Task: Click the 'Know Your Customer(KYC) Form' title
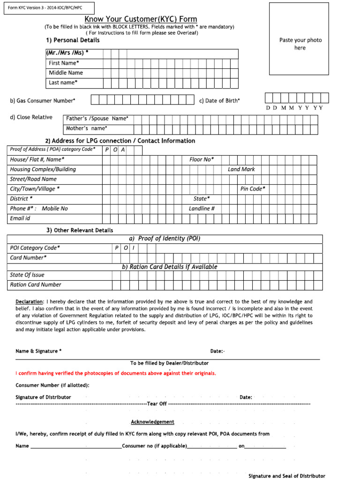pyautogui.click(x=141, y=19)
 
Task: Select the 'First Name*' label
pyautogui.click(x=64, y=63)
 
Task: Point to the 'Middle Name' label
pyautogui.click(x=66, y=73)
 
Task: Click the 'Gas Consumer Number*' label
pyautogui.click(x=43, y=100)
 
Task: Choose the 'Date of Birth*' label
pyautogui.click(x=219, y=100)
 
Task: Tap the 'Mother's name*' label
pyautogui.click(x=87, y=128)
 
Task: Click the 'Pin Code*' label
pyautogui.click(x=253, y=189)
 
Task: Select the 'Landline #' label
pyautogui.click(x=202, y=209)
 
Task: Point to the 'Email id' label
pyautogui.click(x=20, y=218)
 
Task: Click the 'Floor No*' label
pyautogui.click(x=202, y=159)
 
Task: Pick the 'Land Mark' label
pyautogui.click(x=241, y=169)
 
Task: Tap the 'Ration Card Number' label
pyautogui.click(x=36, y=285)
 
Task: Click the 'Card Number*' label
pyautogui.click(x=28, y=258)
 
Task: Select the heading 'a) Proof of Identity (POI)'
pyautogui.click(x=165, y=239)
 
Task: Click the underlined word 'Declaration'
pyautogui.click(x=30, y=301)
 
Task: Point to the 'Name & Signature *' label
pyautogui.click(x=38, y=351)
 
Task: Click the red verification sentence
pyautogui.click(x=116, y=373)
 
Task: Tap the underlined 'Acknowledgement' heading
pyautogui.click(x=152, y=422)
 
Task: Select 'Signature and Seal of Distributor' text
pyautogui.click(x=286, y=476)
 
